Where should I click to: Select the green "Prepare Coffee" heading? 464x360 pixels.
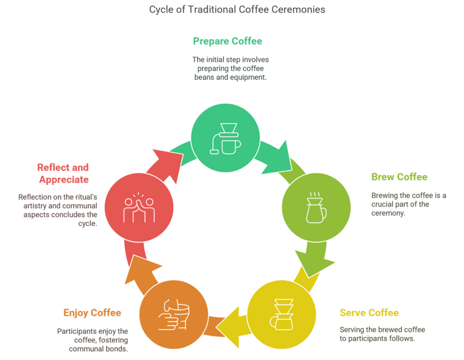(x=227, y=41)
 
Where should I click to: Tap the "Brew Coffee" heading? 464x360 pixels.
(x=399, y=177)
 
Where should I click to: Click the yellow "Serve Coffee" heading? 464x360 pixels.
(x=369, y=312)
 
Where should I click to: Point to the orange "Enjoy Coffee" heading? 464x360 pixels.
(x=92, y=312)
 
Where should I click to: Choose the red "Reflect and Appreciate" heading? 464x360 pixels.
(x=63, y=173)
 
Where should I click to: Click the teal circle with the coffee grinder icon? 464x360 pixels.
(x=225, y=137)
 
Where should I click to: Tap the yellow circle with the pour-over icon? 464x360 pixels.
(x=282, y=313)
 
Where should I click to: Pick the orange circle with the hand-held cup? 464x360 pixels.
(x=173, y=315)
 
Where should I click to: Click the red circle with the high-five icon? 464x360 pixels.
(x=139, y=205)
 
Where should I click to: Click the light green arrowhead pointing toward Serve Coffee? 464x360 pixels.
(x=317, y=262)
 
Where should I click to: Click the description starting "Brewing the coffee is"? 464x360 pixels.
(x=408, y=204)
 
